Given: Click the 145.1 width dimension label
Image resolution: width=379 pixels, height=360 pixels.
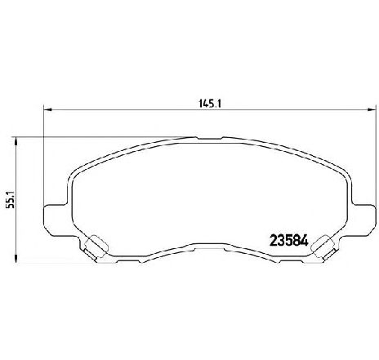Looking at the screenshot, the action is [x=210, y=104].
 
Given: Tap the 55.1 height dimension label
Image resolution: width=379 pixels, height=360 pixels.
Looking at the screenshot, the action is [x=11, y=200].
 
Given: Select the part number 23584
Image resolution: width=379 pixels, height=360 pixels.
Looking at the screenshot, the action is [x=288, y=241].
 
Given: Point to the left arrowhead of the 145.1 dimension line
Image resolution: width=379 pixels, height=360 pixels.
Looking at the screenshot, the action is [x=47, y=109].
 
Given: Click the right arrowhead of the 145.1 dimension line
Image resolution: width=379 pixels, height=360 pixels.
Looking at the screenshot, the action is [x=372, y=109].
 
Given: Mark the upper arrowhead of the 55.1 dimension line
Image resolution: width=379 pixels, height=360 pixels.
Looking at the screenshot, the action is [x=16, y=141].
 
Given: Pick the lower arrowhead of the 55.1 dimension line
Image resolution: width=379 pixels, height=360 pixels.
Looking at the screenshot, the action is [x=16, y=259].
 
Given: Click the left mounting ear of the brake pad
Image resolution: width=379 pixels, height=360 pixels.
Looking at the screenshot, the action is [x=56, y=220].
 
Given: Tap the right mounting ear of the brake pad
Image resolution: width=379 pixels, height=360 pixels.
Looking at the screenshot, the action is [x=364, y=220].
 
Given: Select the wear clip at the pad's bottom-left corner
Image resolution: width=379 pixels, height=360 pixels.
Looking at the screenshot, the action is [x=96, y=247].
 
